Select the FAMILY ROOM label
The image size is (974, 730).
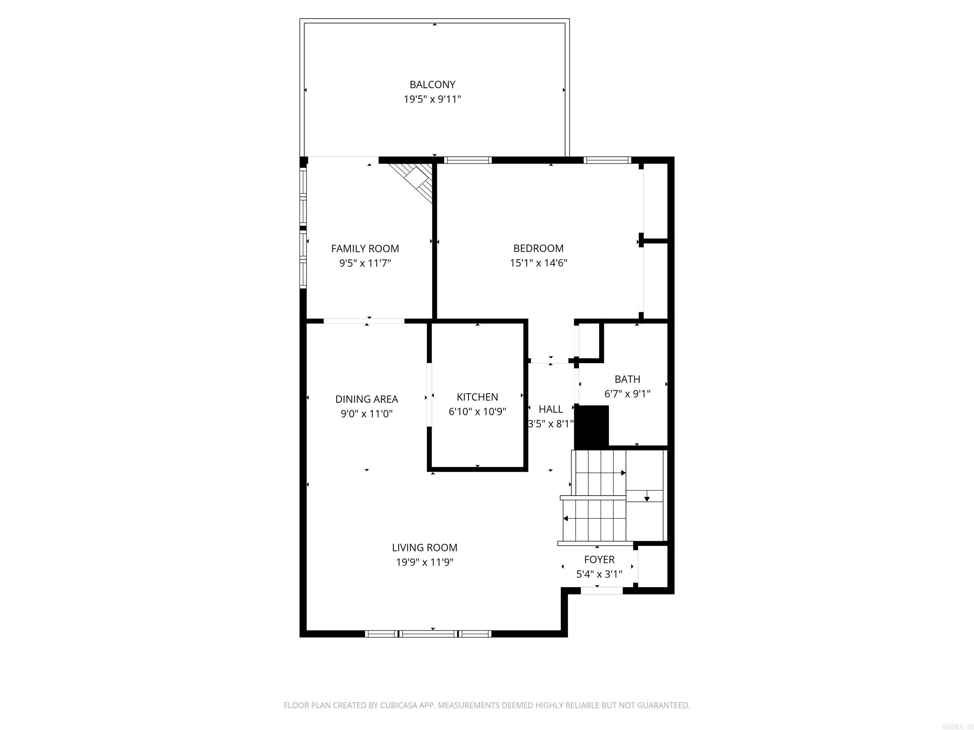(x=365, y=249)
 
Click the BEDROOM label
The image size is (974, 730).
(x=538, y=248)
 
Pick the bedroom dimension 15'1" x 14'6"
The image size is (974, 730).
(x=538, y=263)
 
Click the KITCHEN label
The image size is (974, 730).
(x=477, y=397)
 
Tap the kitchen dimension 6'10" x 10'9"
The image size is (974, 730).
(x=477, y=412)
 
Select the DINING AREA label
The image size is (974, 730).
(x=366, y=399)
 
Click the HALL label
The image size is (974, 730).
(x=550, y=409)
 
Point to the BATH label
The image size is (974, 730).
(x=627, y=379)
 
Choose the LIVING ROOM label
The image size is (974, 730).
(x=425, y=547)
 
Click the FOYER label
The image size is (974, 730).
(x=599, y=559)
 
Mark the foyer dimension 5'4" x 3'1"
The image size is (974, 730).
(x=599, y=574)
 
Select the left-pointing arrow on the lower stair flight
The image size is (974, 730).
(x=566, y=518)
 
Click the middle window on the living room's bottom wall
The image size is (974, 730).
(x=428, y=634)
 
